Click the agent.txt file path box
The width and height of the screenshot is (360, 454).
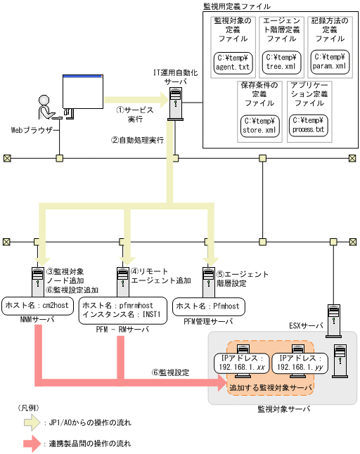233,63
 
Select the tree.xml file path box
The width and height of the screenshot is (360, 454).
281,63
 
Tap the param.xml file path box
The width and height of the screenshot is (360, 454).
329,61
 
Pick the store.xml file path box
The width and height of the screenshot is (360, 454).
258,125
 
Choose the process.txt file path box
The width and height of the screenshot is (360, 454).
307,125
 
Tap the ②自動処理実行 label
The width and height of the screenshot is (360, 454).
137,140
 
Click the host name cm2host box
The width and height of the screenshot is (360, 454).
37,305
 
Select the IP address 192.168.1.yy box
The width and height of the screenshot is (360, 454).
290,361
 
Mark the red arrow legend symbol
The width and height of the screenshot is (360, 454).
31,443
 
